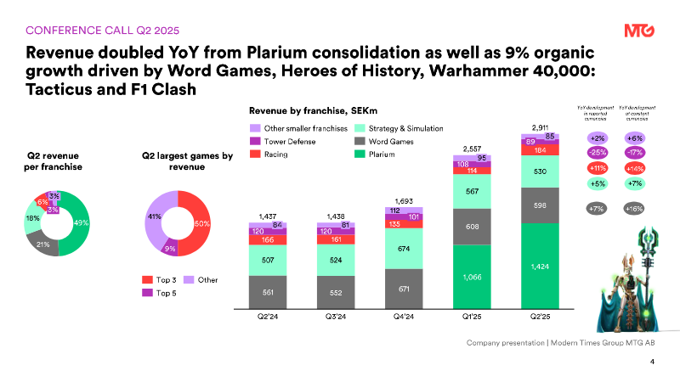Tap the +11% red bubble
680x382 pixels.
(x=597, y=168)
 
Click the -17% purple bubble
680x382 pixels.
(x=633, y=153)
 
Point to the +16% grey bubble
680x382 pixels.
(x=633, y=206)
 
